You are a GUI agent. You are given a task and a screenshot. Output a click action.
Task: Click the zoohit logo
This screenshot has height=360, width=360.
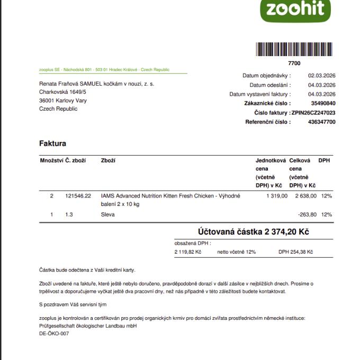tap(295, 9)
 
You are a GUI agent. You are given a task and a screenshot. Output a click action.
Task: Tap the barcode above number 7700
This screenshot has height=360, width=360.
tap(295, 50)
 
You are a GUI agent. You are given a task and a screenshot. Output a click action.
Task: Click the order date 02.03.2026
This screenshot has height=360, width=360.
tap(321, 76)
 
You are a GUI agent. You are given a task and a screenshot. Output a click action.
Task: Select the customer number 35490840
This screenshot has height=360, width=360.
tap(323, 103)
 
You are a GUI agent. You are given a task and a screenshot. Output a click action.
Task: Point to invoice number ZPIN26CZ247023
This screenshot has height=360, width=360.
tap(313, 113)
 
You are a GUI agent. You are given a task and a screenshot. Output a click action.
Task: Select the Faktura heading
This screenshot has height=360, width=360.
tap(52, 143)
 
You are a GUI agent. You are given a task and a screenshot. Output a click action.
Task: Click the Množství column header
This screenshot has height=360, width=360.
tap(51, 160)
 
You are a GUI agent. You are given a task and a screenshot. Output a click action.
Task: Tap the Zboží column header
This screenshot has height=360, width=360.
tap(108, 160)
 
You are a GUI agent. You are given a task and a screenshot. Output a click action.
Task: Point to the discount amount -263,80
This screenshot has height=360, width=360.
tap(307, 214)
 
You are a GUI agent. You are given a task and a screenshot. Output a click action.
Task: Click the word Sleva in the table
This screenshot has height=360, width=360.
tap(107, 214)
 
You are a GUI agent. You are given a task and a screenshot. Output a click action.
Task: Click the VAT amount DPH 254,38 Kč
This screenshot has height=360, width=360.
tap(295, 252)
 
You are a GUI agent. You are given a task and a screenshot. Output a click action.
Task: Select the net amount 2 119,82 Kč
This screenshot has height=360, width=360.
tap(188, 252)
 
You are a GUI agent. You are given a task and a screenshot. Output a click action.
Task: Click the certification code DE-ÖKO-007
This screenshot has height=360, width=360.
tap(54, 334)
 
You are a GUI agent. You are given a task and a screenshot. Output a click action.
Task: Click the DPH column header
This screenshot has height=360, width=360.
tap(324, 160)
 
